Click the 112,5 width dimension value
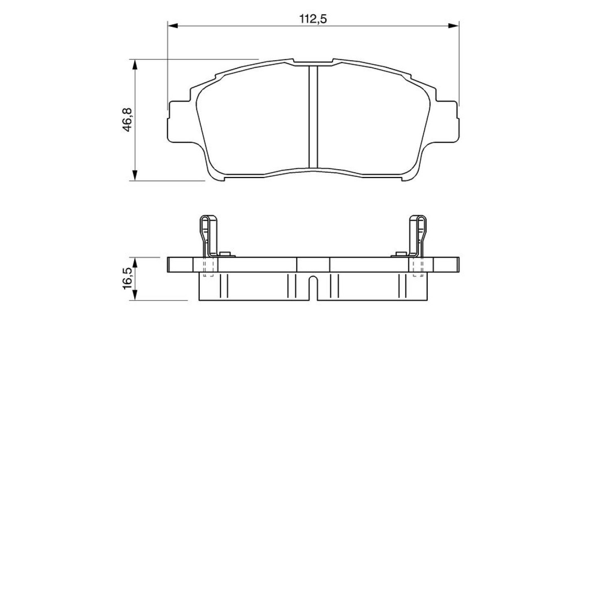pos(314,19)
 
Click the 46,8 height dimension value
pos(127,120)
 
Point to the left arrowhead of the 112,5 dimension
pos(172,26)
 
